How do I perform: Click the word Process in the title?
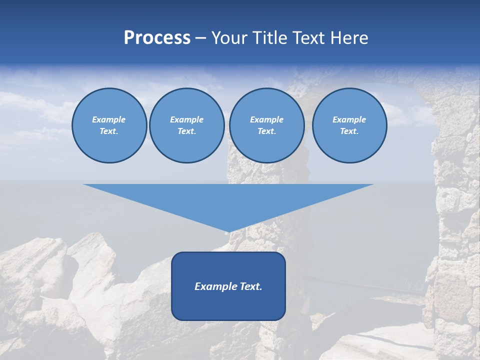pos(157,38)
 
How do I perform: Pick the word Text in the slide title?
pos(309,38)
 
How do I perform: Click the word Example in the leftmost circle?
pos(109,119)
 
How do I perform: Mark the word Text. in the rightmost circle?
pos(349,131)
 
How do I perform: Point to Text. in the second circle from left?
pos(187,131)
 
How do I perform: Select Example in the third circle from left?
pos(266,119)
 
